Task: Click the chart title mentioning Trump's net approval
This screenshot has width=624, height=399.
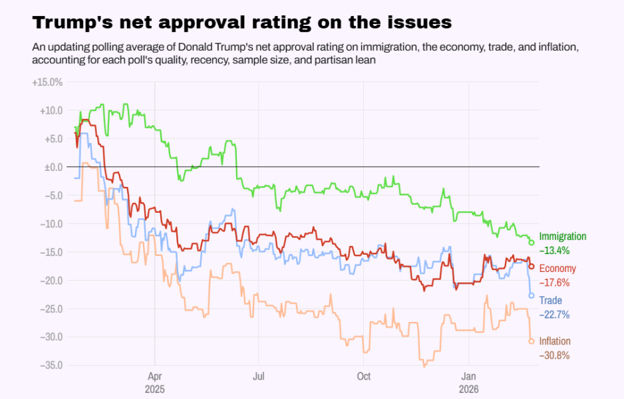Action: [241, 23]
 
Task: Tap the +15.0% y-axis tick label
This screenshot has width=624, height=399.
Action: [47, 82]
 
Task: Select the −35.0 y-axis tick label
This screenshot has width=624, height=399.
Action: [51, 365]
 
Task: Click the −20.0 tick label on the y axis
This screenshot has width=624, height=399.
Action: [51, 280]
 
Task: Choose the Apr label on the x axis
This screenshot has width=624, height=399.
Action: [154, 376]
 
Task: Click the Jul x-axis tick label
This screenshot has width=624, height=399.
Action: [259, 376]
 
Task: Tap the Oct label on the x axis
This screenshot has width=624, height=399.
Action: [363, 376]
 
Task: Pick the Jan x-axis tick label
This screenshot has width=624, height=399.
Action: [469, 376]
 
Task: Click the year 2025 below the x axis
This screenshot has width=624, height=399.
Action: [154, 388]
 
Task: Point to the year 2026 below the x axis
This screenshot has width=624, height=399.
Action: [469, 388]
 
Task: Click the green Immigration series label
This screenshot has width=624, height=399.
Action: [563, 237]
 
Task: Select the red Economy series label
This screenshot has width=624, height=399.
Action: [557, 269]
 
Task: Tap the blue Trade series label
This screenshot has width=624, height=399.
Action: [550, 301]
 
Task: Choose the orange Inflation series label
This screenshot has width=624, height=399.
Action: [555, 341]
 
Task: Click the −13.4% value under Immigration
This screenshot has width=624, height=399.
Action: [555, 251]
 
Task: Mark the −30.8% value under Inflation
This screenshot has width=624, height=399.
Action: [555, 355]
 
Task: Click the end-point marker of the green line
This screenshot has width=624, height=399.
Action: [532, 243]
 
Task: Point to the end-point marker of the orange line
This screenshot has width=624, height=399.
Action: [532, 341]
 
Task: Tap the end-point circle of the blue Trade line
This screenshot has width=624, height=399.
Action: [532, 295]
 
